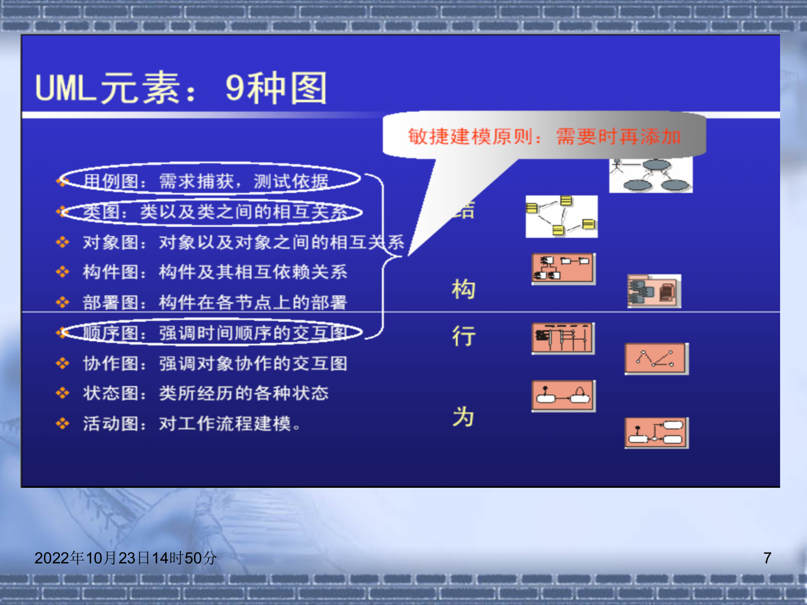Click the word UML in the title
point(65,88)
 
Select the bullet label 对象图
point(110,242)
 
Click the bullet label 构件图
point(110,272)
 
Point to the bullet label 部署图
point(110,302)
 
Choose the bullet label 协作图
point(110,363)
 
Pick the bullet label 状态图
point(110,393)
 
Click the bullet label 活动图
point(110,423)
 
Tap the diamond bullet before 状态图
point(63,393)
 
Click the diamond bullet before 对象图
point(63,242)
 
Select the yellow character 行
point(464,336)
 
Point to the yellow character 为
point(464,417)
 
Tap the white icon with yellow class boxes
point(561,216)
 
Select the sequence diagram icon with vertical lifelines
point(563,338)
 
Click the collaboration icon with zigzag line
point(656,359)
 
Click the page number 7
point(767,558)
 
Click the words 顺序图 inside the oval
point(110,333)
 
